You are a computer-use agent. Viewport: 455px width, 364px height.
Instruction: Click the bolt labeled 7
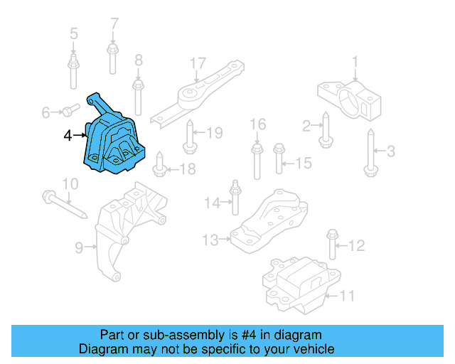(112, 56)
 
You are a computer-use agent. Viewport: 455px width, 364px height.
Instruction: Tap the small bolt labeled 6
(68, 110)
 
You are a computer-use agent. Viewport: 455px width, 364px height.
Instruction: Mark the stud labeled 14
(233, 200)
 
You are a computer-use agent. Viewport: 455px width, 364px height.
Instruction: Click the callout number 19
(215, 132)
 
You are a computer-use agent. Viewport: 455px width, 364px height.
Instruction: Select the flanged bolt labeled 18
(159, 165)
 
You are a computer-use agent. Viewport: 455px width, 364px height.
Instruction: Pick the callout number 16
(257, 125)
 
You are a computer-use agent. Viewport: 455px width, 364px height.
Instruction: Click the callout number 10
(69, 184)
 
